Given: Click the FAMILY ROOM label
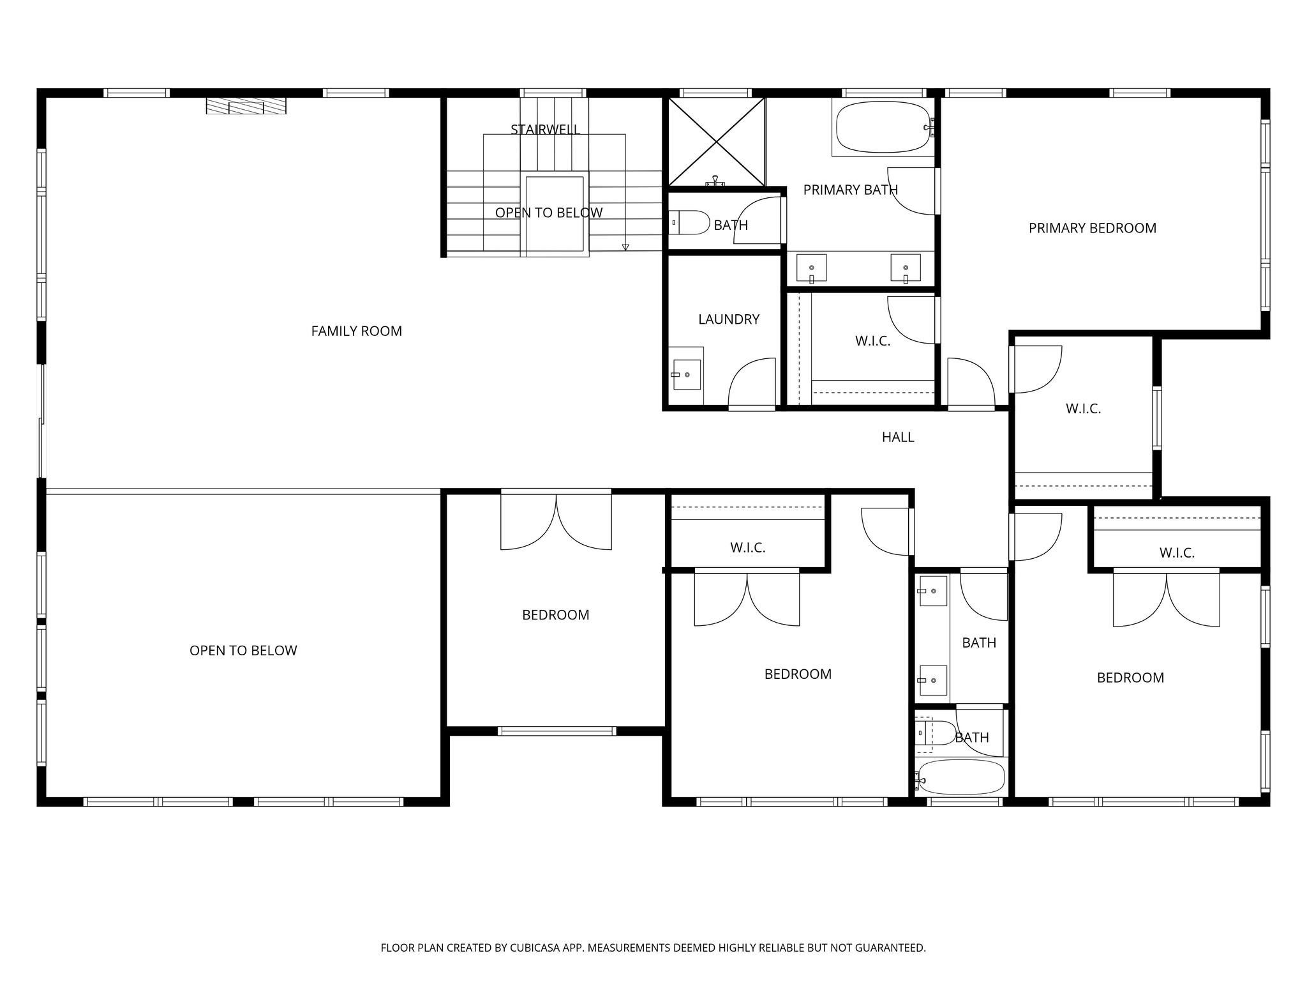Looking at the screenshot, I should tap(356, 331).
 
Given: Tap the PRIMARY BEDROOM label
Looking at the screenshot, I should tap(1092, 228).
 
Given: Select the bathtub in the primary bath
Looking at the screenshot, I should tap(883, 127).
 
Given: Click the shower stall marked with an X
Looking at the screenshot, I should tap(716, 142).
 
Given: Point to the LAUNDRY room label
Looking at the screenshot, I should tap(728, 319).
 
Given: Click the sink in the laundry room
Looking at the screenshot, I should tap(686, 375).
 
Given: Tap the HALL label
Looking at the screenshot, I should tap(897, 437).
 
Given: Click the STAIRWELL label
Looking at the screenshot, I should tap(545, 130).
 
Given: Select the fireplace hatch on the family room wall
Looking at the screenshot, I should tap(246, 106).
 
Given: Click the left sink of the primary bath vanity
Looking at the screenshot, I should tap(811, 268).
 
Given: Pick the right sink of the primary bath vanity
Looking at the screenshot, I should tap(906, 268).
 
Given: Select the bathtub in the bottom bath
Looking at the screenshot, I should tap(961, 777).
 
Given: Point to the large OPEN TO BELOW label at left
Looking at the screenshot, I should tap(243, 651).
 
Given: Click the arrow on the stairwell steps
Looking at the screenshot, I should tap(625, 247).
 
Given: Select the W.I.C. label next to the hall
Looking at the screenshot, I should tap(1083, 409).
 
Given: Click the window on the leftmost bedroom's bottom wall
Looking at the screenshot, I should tap(556, 731).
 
